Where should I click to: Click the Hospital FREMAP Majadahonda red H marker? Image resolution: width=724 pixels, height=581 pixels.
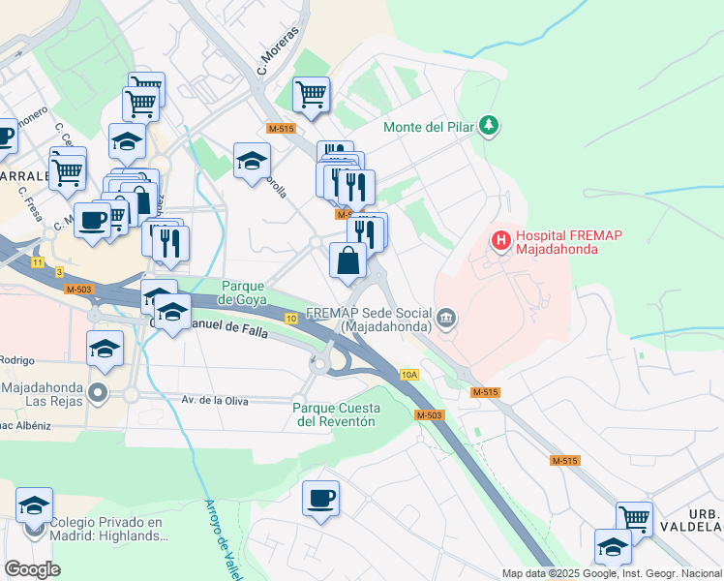pos(500,239)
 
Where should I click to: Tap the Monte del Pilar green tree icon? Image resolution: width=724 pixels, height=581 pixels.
pos(490,126)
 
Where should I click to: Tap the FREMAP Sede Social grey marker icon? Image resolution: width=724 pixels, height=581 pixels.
pos(445,318)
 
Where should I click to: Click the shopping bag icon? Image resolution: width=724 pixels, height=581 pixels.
pos(347,261)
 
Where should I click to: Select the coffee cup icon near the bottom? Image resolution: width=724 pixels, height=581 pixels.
pos(320,499)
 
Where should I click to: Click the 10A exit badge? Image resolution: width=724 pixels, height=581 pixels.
pos(409,374)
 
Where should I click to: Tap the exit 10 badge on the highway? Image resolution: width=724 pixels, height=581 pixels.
pos(290,318)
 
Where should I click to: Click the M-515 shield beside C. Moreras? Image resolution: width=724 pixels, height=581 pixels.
pos(281,128)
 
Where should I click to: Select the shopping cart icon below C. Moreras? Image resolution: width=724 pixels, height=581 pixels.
pos(312,96)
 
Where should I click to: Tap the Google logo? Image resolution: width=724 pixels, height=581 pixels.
pos(32,568)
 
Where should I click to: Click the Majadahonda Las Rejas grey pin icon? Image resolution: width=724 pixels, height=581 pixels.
pos(97,392)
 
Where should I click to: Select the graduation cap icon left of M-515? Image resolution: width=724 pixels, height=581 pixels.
pos(252,161)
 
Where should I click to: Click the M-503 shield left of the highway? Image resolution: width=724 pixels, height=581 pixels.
pos(78,290)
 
